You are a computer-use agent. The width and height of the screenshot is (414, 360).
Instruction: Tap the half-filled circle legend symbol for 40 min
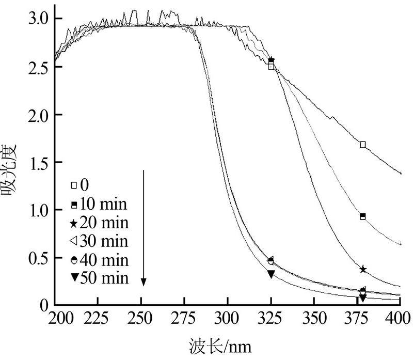tap(74, 260)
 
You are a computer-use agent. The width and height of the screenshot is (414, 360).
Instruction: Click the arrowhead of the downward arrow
tap(144, 281)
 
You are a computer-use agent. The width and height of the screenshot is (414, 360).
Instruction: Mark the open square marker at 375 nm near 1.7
tap(363, 145)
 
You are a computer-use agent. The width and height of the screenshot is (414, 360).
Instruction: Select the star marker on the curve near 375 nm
tap(363, 270)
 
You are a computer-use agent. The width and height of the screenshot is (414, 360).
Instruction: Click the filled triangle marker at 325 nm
tap(271, 274)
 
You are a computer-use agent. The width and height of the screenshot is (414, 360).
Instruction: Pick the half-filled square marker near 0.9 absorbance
tap(363, 216)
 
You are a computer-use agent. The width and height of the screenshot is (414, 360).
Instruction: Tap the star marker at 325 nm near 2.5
tap(272, 60)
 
